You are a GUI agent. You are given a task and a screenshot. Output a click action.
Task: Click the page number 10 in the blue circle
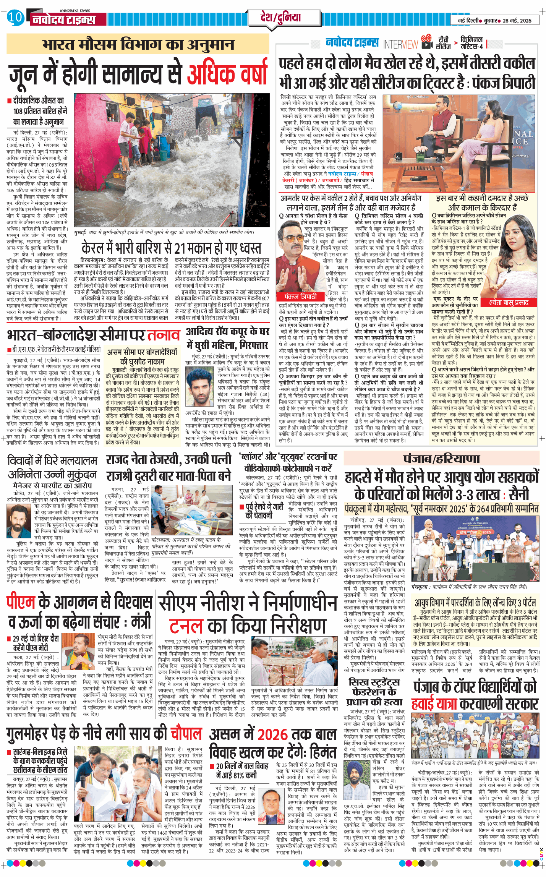(15, 18)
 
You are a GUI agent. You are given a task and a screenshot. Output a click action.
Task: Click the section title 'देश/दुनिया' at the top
(280, 18)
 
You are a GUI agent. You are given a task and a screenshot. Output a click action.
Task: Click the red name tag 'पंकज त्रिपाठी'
(301, 297)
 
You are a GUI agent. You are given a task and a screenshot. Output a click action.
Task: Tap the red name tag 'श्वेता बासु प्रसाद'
(509, 302)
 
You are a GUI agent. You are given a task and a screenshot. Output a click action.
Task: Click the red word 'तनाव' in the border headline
(164, 335)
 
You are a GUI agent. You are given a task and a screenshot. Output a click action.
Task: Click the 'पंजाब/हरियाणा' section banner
(441, 459)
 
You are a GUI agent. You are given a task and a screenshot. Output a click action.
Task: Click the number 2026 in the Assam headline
(272, 734)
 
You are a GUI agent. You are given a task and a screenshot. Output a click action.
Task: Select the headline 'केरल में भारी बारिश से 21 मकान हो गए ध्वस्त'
(171, 248)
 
